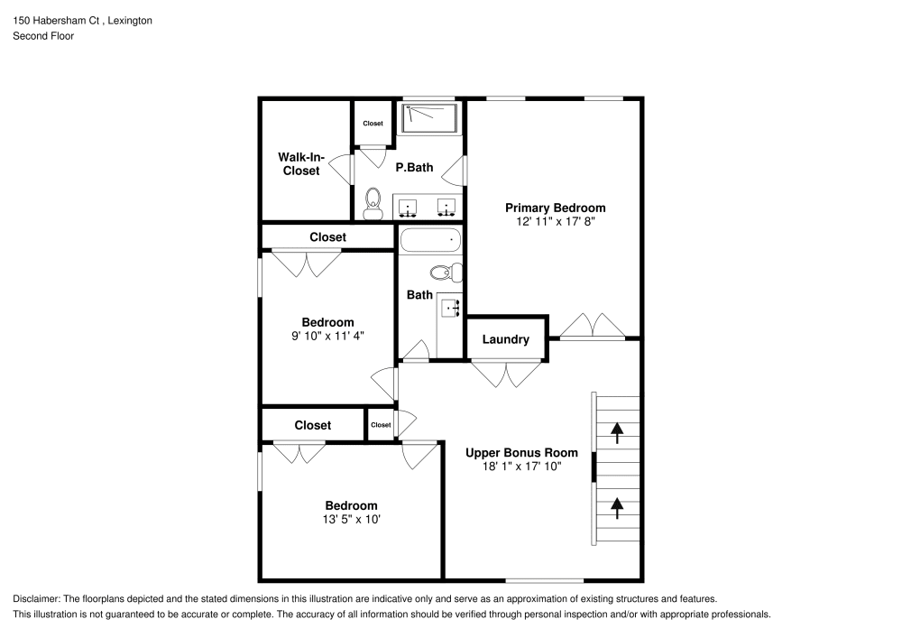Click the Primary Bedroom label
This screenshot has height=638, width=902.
pos(555,208)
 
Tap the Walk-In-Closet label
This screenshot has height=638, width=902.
pos(300,163)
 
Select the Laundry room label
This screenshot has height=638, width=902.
pos(505,339)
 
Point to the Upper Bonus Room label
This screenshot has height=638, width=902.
pos(520,453)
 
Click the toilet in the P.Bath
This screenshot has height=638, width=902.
pos(371,203)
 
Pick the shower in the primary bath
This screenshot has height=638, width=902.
pos(429,118)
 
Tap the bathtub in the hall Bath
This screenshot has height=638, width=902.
pos(430,241)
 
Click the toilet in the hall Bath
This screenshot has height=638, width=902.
pos(445,273)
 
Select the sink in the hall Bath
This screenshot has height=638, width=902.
pos(451,309)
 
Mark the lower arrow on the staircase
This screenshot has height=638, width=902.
pos(617,508)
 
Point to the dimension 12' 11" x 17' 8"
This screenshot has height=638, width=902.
pos(555,221)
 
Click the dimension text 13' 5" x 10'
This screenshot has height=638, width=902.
pos(351,520)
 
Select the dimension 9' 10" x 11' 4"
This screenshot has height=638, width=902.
pos(327,336)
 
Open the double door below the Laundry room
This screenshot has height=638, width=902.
pos(507,373)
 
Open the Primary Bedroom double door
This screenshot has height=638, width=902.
pos(591,326)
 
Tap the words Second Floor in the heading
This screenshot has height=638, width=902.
pos(43,36)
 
